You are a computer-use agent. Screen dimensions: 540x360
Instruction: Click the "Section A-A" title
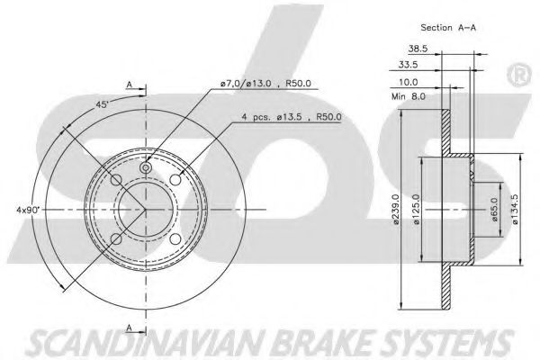[448, 28]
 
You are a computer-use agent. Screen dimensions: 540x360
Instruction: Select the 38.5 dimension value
[418, 49]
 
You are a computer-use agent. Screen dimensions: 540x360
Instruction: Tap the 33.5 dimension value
[408, 65]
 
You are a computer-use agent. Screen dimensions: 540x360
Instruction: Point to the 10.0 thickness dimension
[408, 82]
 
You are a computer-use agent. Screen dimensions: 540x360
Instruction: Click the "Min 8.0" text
[409, 96]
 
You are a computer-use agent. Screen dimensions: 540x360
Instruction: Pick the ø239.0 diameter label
[396, 210]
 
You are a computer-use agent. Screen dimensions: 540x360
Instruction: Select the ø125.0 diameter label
[417, 210]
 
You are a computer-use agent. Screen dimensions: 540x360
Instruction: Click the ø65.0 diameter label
[495, 210]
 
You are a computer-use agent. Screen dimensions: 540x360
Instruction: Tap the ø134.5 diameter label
[515, 210]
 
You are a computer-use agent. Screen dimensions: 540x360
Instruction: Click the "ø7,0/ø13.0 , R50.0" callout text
[265, 84]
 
